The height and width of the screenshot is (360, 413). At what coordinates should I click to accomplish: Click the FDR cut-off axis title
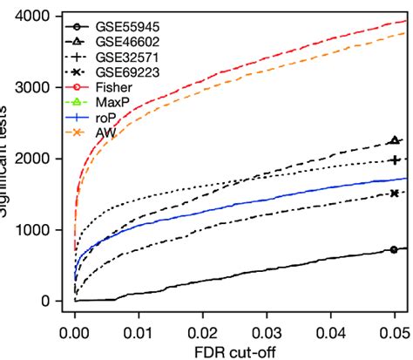tap(235, 352)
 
